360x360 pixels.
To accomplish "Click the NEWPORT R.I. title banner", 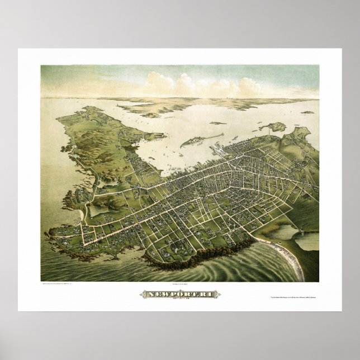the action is click(x=180, y=294).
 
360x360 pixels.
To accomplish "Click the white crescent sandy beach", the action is click(x=290, y=257).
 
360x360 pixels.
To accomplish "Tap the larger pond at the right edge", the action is click(x=308, y=240).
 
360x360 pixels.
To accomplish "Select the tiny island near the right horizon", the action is click(x=307, y=112).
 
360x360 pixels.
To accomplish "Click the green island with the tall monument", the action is click(x=274, y=127).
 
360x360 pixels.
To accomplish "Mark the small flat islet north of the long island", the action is click(x=217, y=123).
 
